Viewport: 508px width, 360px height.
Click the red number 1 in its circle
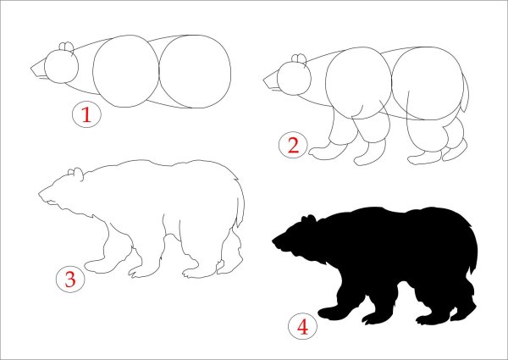pyautogui.click(x=86, y=114)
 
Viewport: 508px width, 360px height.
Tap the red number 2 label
pyautogui.click(x=293, y=145)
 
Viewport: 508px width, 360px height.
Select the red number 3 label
pyautogui.click(x=70, y=280)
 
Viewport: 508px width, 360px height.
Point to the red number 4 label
pyautogui.click(x=302, y=327)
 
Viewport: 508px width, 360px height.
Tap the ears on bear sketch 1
pyautogui.click(x=66, y=47)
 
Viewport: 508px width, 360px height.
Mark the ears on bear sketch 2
pyautogui.click(x=299, y=58)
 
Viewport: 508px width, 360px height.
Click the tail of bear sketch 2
pyautogui.click(x=465, y=94)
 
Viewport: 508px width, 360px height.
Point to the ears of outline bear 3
pyautogui.click(x=75, y=173)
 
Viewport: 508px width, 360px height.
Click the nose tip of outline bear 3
pyautogui.click(x=40, y=194)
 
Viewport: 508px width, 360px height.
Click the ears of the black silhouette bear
pyautogui.click(x=308, y=219)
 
